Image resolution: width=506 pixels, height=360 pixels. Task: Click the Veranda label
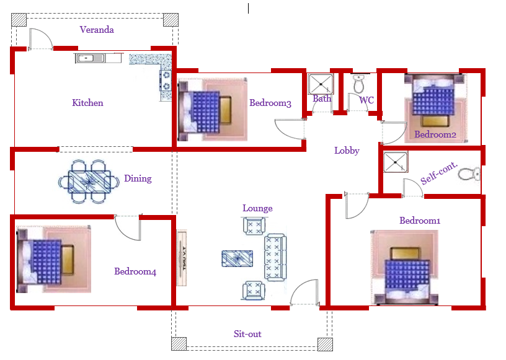(97, 30)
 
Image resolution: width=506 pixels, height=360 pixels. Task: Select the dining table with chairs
(89, 182)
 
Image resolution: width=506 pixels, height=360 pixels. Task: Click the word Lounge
(257, 208)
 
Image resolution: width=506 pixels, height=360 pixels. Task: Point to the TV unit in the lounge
(182, 258)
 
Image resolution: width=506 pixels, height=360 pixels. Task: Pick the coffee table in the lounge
(237, 258)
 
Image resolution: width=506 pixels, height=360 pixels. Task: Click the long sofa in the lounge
(275, 257)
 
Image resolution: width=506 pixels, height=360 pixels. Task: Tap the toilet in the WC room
(358, 84)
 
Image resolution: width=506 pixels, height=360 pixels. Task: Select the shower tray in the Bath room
(321, 84)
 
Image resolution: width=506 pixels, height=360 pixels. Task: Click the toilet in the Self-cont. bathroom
(469, 174)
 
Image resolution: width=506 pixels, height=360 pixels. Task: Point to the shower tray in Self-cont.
(396, 162)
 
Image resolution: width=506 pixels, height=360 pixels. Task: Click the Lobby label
(347, 151)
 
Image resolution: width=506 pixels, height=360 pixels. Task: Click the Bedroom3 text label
(270, 103)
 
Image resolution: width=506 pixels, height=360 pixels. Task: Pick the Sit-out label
(247, 334)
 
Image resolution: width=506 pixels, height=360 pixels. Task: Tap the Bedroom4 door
(128, 228)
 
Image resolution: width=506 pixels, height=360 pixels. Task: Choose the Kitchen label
(88, 103)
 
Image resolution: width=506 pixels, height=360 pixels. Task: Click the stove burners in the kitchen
(166, 81)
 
